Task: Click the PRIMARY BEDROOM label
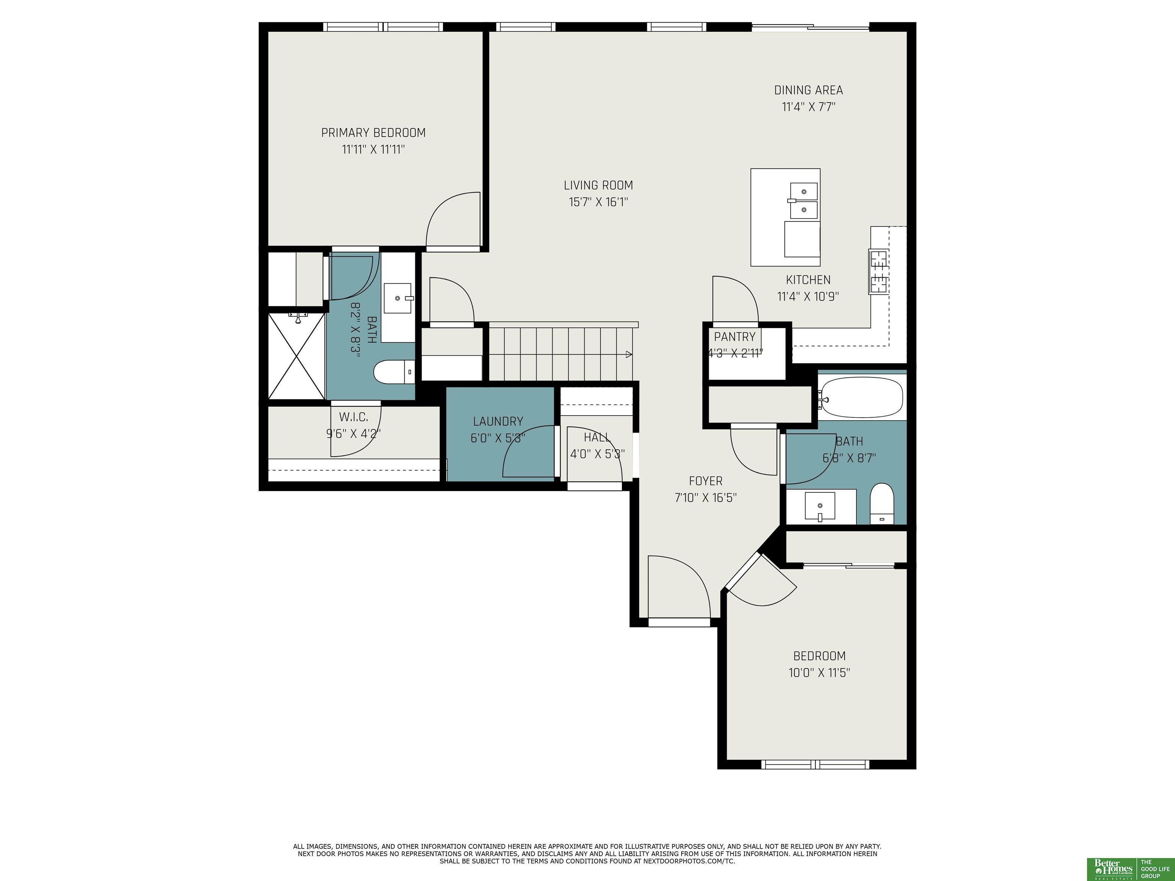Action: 373,133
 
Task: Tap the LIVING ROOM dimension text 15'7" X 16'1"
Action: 599,202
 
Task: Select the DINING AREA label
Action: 809,90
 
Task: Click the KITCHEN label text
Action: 808,280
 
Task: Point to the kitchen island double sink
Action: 804,201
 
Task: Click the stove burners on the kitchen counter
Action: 879,271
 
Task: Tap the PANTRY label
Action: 735,336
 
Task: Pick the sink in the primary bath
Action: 398,298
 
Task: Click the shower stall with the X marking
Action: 296,356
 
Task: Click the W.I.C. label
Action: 353,417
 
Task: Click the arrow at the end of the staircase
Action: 629,354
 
